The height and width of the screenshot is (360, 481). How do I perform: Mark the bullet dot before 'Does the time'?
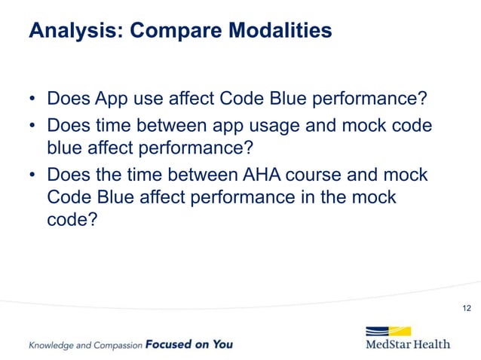point(32,175)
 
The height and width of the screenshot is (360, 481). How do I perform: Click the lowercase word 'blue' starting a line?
point(64,149)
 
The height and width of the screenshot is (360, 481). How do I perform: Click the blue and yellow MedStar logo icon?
point(388,332)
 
